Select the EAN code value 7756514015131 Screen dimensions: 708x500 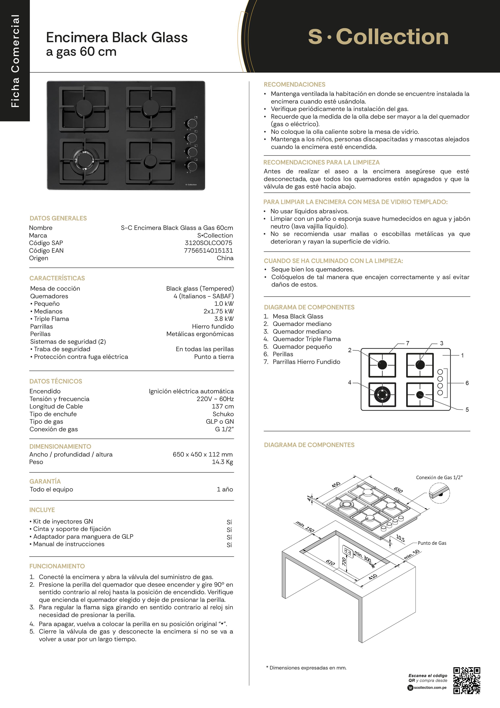point(208,250)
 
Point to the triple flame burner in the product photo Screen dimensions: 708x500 point(84,160)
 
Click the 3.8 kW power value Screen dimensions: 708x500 point(224,318)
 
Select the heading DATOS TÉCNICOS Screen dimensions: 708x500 point(56,381)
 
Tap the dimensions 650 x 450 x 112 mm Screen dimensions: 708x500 point(202,454)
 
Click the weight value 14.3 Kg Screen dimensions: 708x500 point(222,462)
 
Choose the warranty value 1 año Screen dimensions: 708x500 point(225,489)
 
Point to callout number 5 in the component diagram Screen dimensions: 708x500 point(467,410)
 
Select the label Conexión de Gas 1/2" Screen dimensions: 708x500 point(439,477)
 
